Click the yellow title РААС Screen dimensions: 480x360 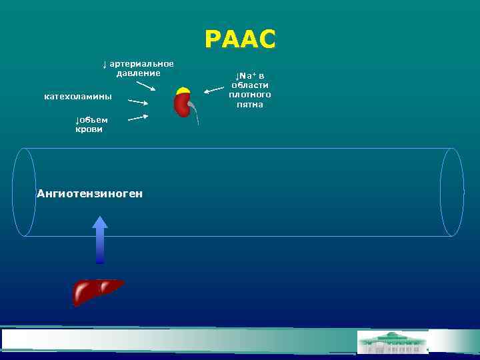239,40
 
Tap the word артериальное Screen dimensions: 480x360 141,64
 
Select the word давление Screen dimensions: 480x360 138,73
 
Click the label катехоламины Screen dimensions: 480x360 78,97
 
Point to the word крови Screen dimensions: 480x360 89,129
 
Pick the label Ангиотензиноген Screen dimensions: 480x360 89,194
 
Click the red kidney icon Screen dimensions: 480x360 181,105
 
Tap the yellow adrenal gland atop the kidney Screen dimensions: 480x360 183,91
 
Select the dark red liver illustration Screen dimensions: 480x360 97,291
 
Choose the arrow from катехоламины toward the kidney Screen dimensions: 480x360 137,103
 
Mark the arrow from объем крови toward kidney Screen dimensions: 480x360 137,117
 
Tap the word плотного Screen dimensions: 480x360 250,95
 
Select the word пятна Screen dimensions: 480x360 250,105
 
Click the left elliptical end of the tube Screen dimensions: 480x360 25,192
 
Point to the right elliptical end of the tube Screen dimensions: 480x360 452,192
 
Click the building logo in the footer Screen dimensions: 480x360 393,342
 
